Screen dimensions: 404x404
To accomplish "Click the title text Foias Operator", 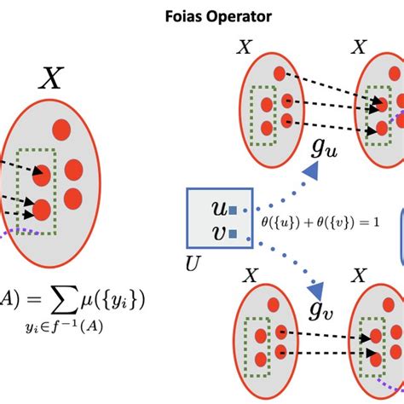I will (202, 14).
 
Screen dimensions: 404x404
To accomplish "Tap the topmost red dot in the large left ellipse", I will (62, 130).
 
